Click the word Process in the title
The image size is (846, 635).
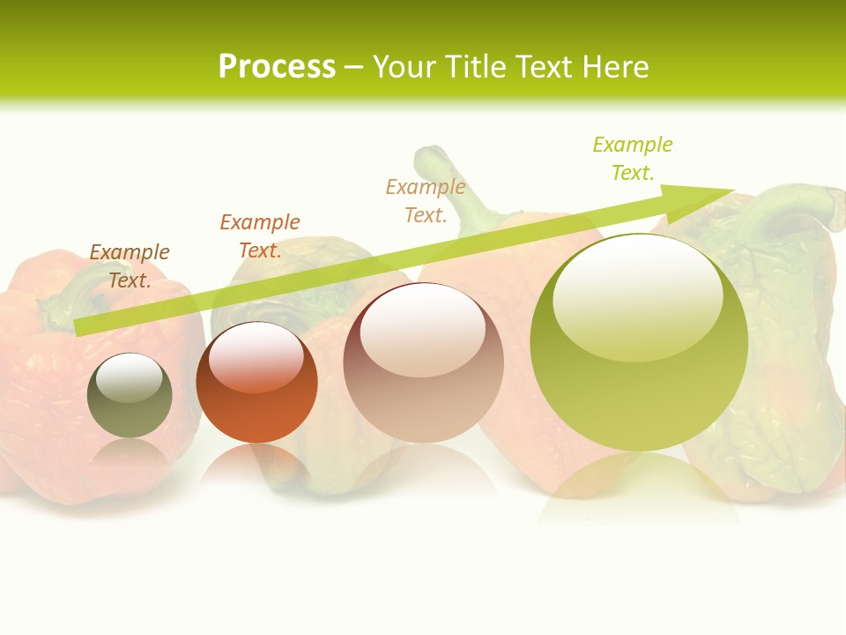pos(277,67)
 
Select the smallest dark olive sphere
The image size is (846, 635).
pos(130,396)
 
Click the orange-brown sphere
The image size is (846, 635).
pos(256,383)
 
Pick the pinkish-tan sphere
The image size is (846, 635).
pos(423,363)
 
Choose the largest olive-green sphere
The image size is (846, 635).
pos(639,344)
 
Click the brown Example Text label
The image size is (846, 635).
pos(130,266)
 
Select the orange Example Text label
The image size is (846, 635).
pos(260,236)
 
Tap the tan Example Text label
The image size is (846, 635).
pos(426,201)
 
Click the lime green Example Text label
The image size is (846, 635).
pos(633,159)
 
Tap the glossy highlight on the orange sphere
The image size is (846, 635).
pos(256,355)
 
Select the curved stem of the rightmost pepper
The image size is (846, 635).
pos(798,205)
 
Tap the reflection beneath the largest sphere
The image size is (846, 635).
pos(639,489)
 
